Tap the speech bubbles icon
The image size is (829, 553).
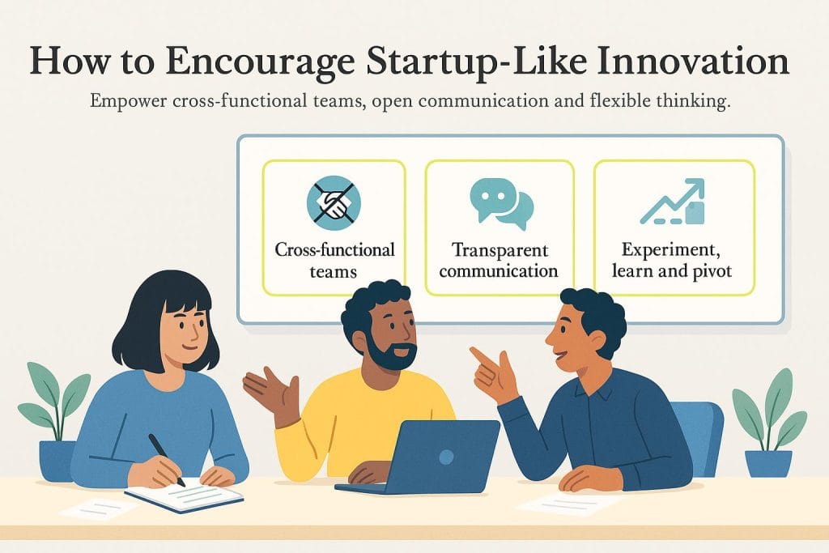coord(501,202)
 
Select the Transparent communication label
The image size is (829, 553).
coord(500,260)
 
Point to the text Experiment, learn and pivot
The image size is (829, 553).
coord(673,260)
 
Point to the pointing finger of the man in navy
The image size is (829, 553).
coord(480,356)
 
